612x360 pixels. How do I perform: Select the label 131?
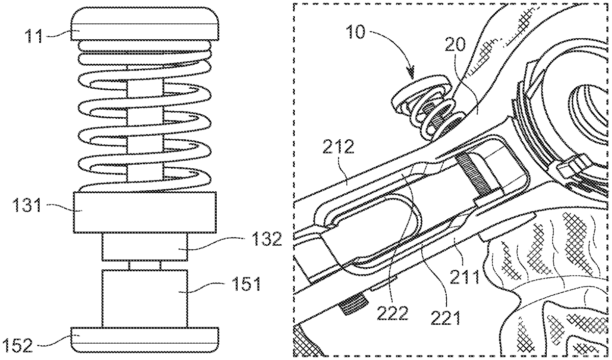27,205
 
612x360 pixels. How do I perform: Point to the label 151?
246,284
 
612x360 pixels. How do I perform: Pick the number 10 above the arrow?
355,32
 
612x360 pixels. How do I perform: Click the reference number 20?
455,44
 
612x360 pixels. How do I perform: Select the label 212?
338,147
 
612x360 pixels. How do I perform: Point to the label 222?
393,313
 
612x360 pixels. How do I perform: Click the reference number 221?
446,318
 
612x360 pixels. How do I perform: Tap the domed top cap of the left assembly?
144,24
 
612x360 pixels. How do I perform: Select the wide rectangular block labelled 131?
145,212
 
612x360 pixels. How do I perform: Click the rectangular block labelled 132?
145,247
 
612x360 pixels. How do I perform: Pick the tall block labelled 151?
145,298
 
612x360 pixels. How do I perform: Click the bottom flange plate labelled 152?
144,339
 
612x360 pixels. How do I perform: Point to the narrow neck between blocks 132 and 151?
145,265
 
